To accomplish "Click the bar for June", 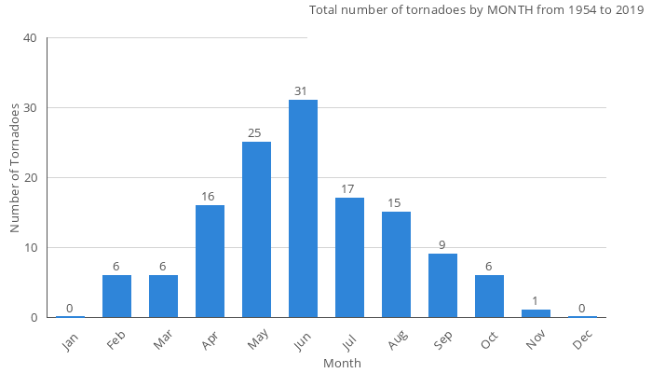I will point(303,209).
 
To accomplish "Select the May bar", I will point(256,229).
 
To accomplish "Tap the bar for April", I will point(210,261).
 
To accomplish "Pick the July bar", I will point(349,257).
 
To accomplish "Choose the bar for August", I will point(396,265).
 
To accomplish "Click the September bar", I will point(442,285).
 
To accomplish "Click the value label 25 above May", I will point(256,133).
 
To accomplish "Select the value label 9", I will point(442,245).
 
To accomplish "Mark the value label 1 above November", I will point(536,301).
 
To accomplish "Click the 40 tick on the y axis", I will point(30,38).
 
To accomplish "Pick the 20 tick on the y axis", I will point(30,178).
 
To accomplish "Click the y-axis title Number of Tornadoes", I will point(15,168).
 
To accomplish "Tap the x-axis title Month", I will point(342,363).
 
